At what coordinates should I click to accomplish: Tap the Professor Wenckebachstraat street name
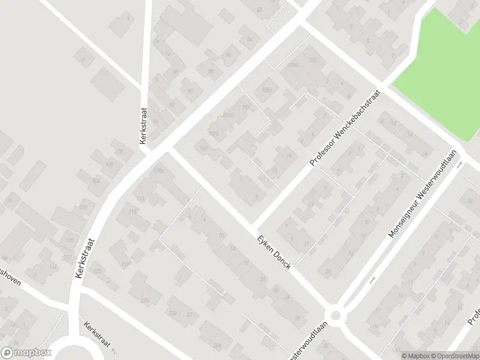(346, 128)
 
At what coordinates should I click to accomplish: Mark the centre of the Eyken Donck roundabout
(335, 314)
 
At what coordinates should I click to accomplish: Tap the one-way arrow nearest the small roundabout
(372, 280)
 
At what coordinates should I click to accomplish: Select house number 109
(204, 148)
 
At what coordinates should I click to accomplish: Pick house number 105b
(293, 65)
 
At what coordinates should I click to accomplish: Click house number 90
(190, 91)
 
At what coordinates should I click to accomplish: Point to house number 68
(259, 10)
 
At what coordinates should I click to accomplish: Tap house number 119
(125, 264)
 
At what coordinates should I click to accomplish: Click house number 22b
(144, 301)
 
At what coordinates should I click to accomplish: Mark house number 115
(142, 199)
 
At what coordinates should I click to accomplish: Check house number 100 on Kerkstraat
(109, 164)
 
